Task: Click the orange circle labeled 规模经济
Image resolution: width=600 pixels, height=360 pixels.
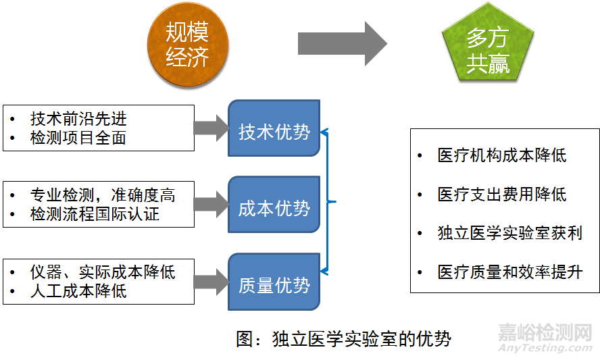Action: click(188, 45)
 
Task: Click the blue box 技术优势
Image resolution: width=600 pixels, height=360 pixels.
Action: click(274, 131)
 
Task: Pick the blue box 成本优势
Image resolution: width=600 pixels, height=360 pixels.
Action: click(274, 207)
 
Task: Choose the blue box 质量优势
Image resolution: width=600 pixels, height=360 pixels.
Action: click(274, 285)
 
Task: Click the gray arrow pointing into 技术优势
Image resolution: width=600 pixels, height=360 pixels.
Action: click(211, 127)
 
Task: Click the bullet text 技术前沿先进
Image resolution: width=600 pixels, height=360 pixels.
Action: click(78, 119)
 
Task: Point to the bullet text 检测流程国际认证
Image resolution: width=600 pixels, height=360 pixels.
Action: click(95, 215)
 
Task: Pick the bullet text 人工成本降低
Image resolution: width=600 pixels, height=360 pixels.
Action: click(78, 291)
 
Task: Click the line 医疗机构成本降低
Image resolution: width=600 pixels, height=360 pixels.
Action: click(502, 155)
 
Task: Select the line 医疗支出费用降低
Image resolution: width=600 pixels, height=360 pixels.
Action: click(502, 195)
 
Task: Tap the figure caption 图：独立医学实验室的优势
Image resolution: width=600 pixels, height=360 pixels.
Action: click(343, 338)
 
